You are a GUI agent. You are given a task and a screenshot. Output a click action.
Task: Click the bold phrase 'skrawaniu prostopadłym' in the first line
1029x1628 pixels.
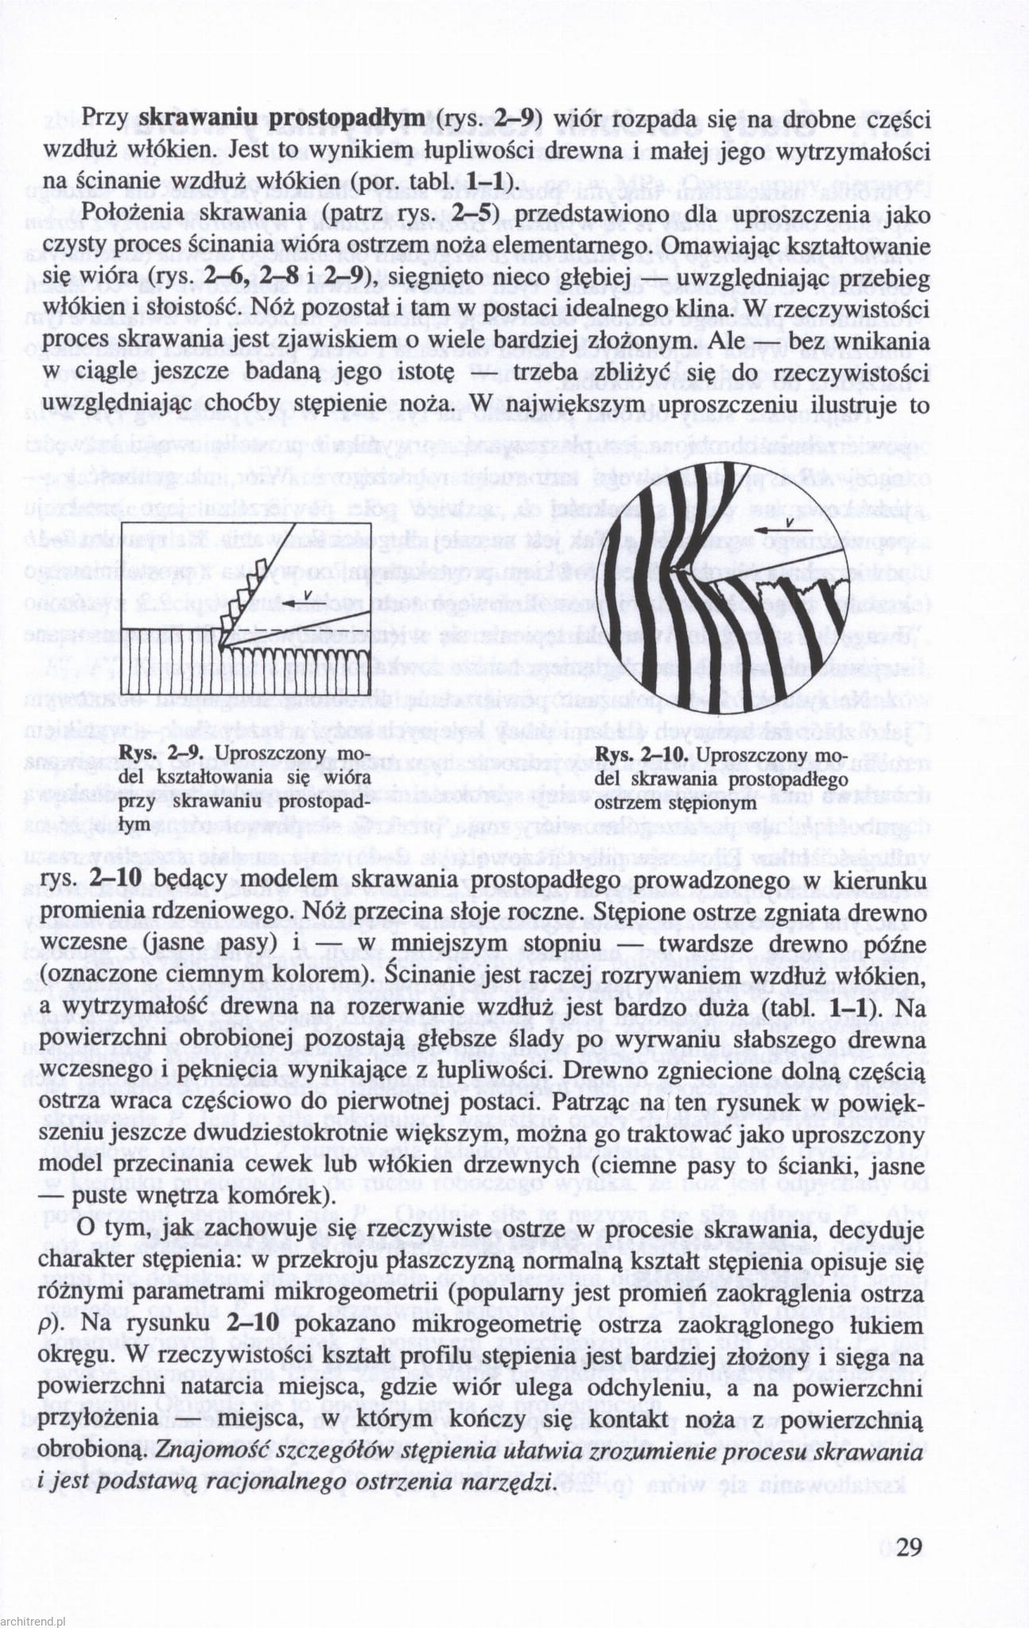282,119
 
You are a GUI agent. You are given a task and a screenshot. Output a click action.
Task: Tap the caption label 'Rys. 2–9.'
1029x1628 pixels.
165,754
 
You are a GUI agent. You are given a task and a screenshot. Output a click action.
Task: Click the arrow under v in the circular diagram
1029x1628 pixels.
783,530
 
